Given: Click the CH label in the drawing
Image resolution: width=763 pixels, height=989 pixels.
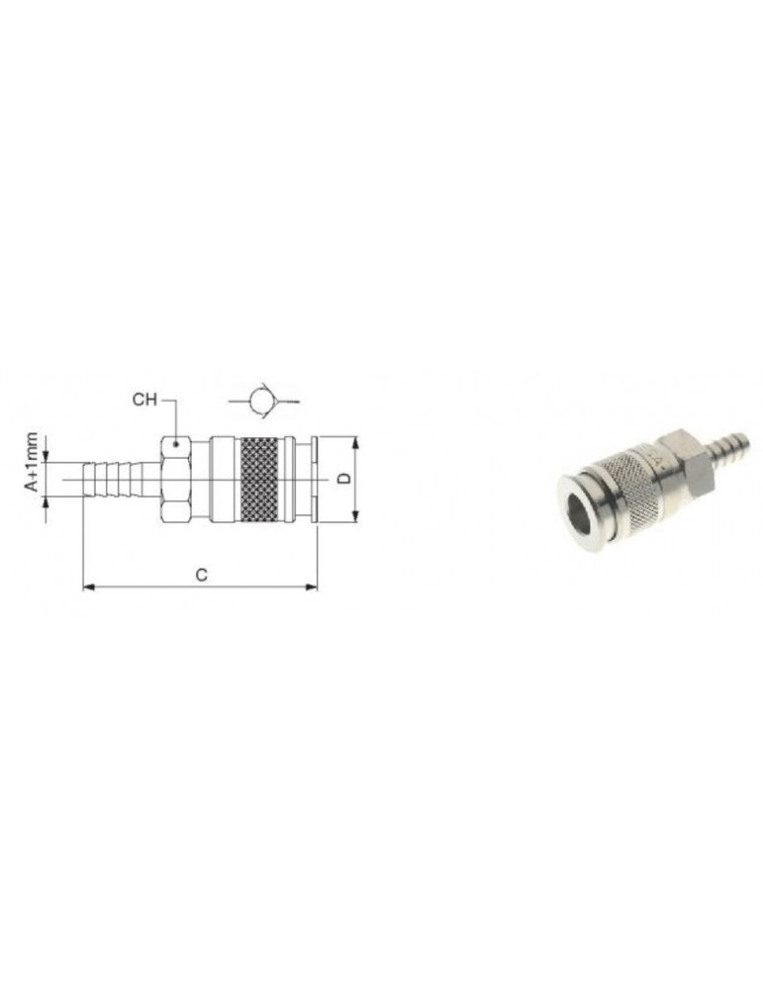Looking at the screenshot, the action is (x=143, y=400).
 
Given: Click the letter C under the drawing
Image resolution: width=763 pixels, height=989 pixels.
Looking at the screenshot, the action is (x=201, y=575).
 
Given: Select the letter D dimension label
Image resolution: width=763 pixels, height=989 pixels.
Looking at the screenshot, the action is (x=344, y=479).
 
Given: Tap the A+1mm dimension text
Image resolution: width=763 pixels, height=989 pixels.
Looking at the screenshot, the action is (x=32, y=461).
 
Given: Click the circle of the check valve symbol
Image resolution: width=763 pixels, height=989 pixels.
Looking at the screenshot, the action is (x=260, y=400).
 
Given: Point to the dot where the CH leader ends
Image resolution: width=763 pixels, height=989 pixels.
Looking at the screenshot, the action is (x=176, y=444).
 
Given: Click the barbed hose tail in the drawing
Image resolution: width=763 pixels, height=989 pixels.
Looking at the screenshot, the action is (x=121, y=480).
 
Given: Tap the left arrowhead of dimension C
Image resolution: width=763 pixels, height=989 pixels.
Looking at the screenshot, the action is (x=89, y=587).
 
